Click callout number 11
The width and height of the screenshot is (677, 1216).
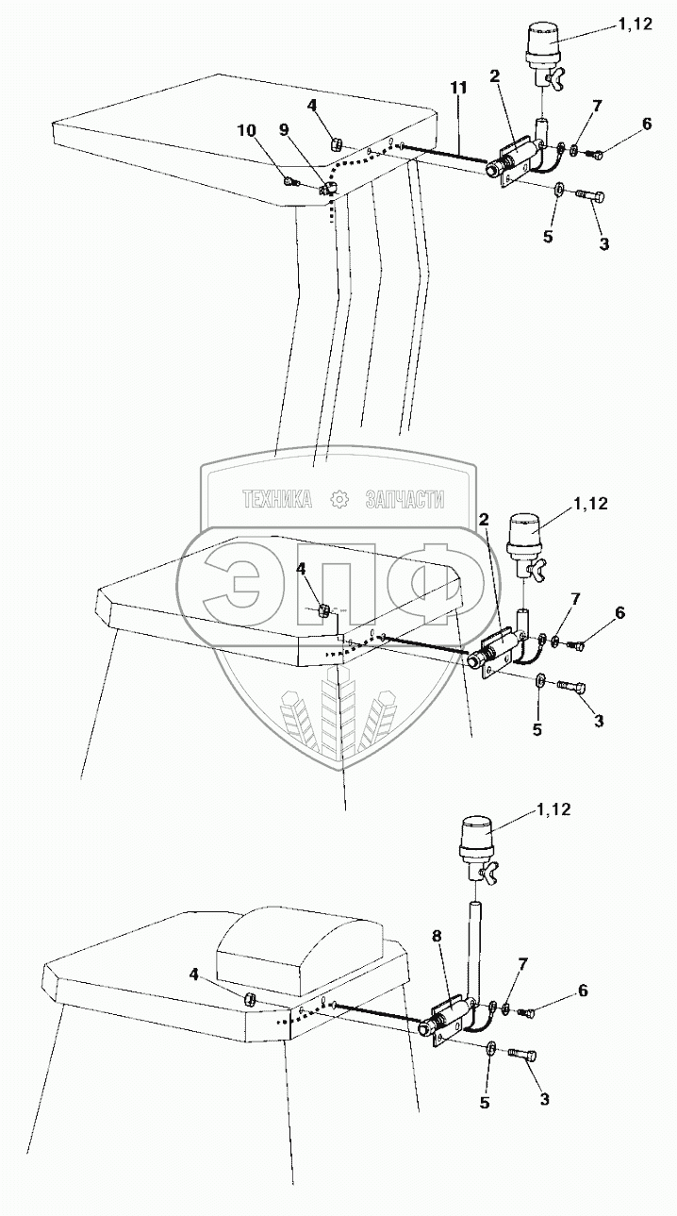pyautogui.click(x=458, y=88)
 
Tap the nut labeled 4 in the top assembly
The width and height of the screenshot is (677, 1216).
pyautogui.click(x=335, y=144)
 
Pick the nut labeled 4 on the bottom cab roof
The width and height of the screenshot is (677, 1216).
pyautogui.click(x=251, y=999)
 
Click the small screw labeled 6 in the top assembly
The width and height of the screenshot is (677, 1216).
pyautogui.click(x=591, y=153)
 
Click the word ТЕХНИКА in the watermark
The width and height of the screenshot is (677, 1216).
pyautogui.click(x=277, y=500)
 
